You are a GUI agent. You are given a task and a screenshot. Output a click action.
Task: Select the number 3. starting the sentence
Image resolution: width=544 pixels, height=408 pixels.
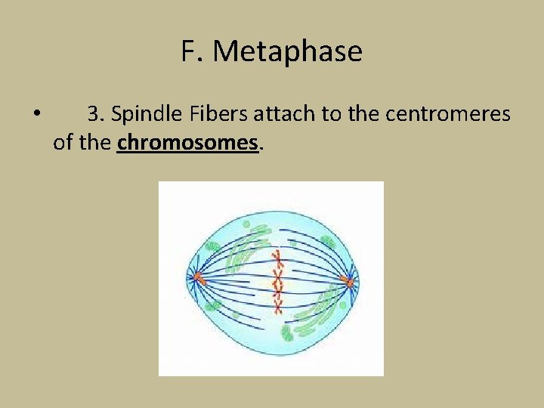tap(96, 114)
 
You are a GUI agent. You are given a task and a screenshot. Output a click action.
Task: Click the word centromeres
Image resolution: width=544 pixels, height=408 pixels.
tap(448, 114)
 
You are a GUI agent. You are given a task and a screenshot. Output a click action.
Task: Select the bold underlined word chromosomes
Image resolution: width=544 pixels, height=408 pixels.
tap(188, 141)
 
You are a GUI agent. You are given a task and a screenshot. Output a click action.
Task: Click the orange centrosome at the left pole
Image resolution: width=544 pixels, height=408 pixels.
tap(198, 278)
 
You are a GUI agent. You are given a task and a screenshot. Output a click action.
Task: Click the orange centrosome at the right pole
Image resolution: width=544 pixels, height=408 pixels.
tap(348, 282)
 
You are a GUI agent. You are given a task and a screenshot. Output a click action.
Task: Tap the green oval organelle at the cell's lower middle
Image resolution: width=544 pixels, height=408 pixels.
tap(287, 332)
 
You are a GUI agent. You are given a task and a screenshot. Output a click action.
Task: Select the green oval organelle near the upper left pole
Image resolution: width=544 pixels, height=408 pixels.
tap(214, 247)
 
